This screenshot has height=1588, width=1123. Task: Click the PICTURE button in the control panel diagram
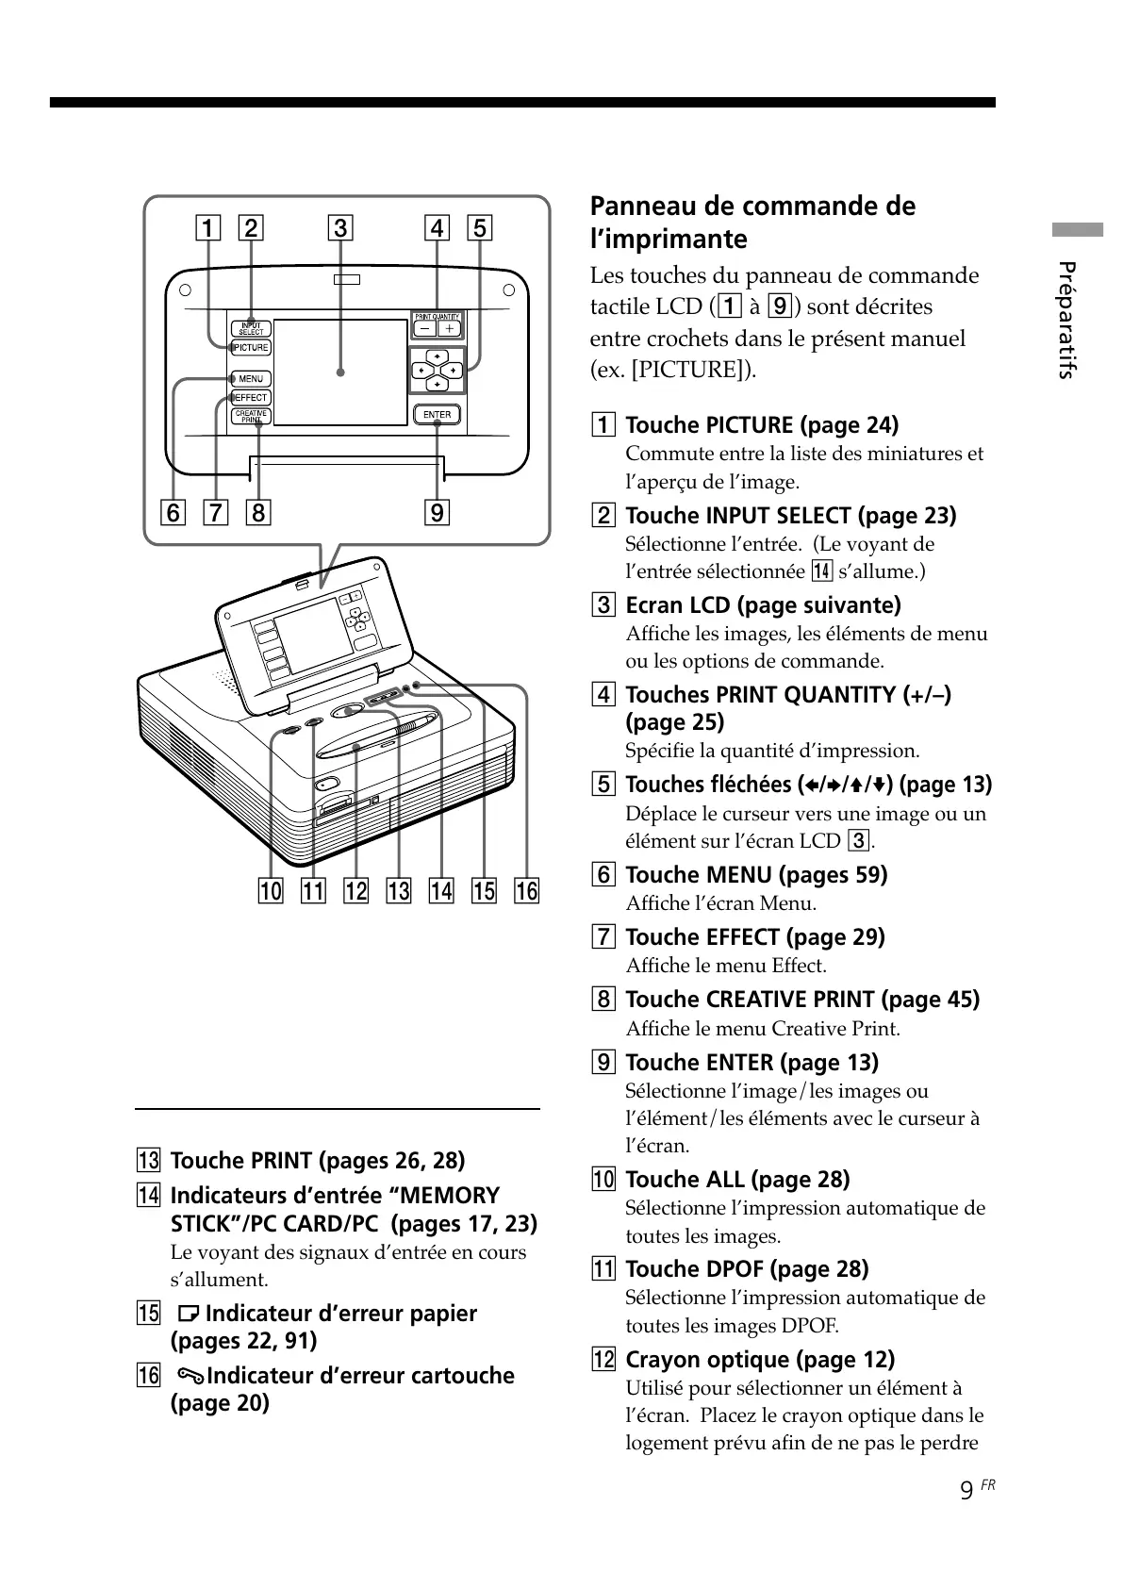(x=252, y=348)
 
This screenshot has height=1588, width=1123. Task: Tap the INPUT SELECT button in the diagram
(x=252, y=328)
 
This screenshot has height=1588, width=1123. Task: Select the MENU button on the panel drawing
(x=252, y=379)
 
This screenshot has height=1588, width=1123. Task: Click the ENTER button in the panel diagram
(x=437, y=415)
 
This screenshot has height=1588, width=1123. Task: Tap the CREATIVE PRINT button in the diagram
(x=252, y=415)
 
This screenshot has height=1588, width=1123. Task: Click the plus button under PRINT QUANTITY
(x=449, y=328)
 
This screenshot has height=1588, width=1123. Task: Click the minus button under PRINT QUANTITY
(x=424, y=328)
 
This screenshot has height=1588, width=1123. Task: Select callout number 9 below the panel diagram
(x=437, y=513)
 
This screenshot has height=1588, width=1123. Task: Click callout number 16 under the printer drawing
(x=526, y=891)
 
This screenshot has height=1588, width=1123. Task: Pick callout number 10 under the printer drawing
(x=271, y=891)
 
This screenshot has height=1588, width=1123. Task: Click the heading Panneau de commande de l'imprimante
(x=752, y=222)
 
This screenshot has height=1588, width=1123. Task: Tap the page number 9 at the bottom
(x=966, y=1491)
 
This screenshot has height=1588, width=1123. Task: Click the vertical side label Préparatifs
(x=1066, y=321)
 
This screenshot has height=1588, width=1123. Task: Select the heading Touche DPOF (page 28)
(x=747, y=1269)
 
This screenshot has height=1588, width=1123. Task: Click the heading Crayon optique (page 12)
(x=760, y=1360)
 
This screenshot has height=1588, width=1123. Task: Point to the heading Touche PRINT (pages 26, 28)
(x=318, y=1161)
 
